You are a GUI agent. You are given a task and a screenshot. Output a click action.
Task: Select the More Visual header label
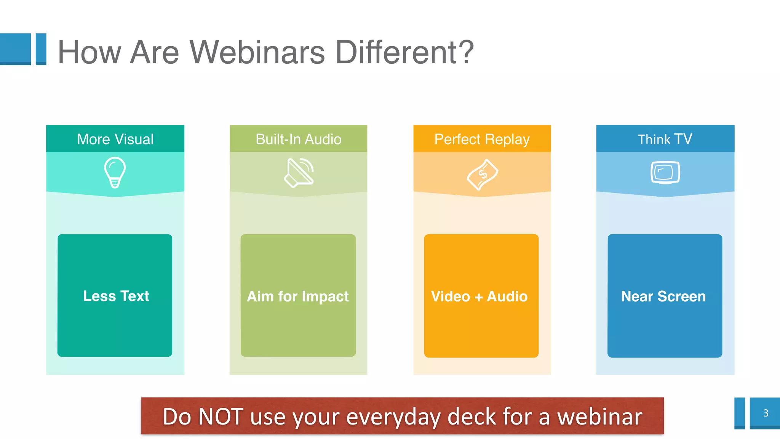pyautogui.click(x=115, y=139)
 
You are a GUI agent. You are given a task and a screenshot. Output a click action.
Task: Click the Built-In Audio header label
pyautogui.click(x=298, y=139)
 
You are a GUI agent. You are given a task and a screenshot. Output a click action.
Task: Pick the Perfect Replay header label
pyautogui.click(x=482, y=139)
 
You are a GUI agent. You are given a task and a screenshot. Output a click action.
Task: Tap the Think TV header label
pyautogui.click(x=665, y=139)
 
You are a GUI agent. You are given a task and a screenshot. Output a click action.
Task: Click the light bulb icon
pyautogui.click(x=115, y=172)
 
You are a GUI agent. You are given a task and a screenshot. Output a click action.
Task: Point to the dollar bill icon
pyautogui.click(x=482, y=175)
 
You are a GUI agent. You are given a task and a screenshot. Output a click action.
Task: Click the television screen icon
pyautogui.click(x=665, y=173)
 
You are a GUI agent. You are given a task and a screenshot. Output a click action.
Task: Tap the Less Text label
pyautogui.click(x=116, y=296)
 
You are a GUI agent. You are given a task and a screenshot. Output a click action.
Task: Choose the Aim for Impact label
pyautogui.click(x=298, y=296)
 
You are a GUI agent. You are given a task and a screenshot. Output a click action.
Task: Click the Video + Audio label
pyautogui.click(x=479, y=296)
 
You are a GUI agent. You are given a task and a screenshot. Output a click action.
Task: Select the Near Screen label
pyautogui.click(x=663, y=296)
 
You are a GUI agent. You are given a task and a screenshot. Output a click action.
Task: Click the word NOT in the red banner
pyautogui.click(x=221, y=417)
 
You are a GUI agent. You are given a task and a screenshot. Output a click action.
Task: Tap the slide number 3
pyautogui.click(x=766, y=413)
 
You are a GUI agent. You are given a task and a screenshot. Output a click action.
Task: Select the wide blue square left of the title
pyautogui.click(x=15, y=49)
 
